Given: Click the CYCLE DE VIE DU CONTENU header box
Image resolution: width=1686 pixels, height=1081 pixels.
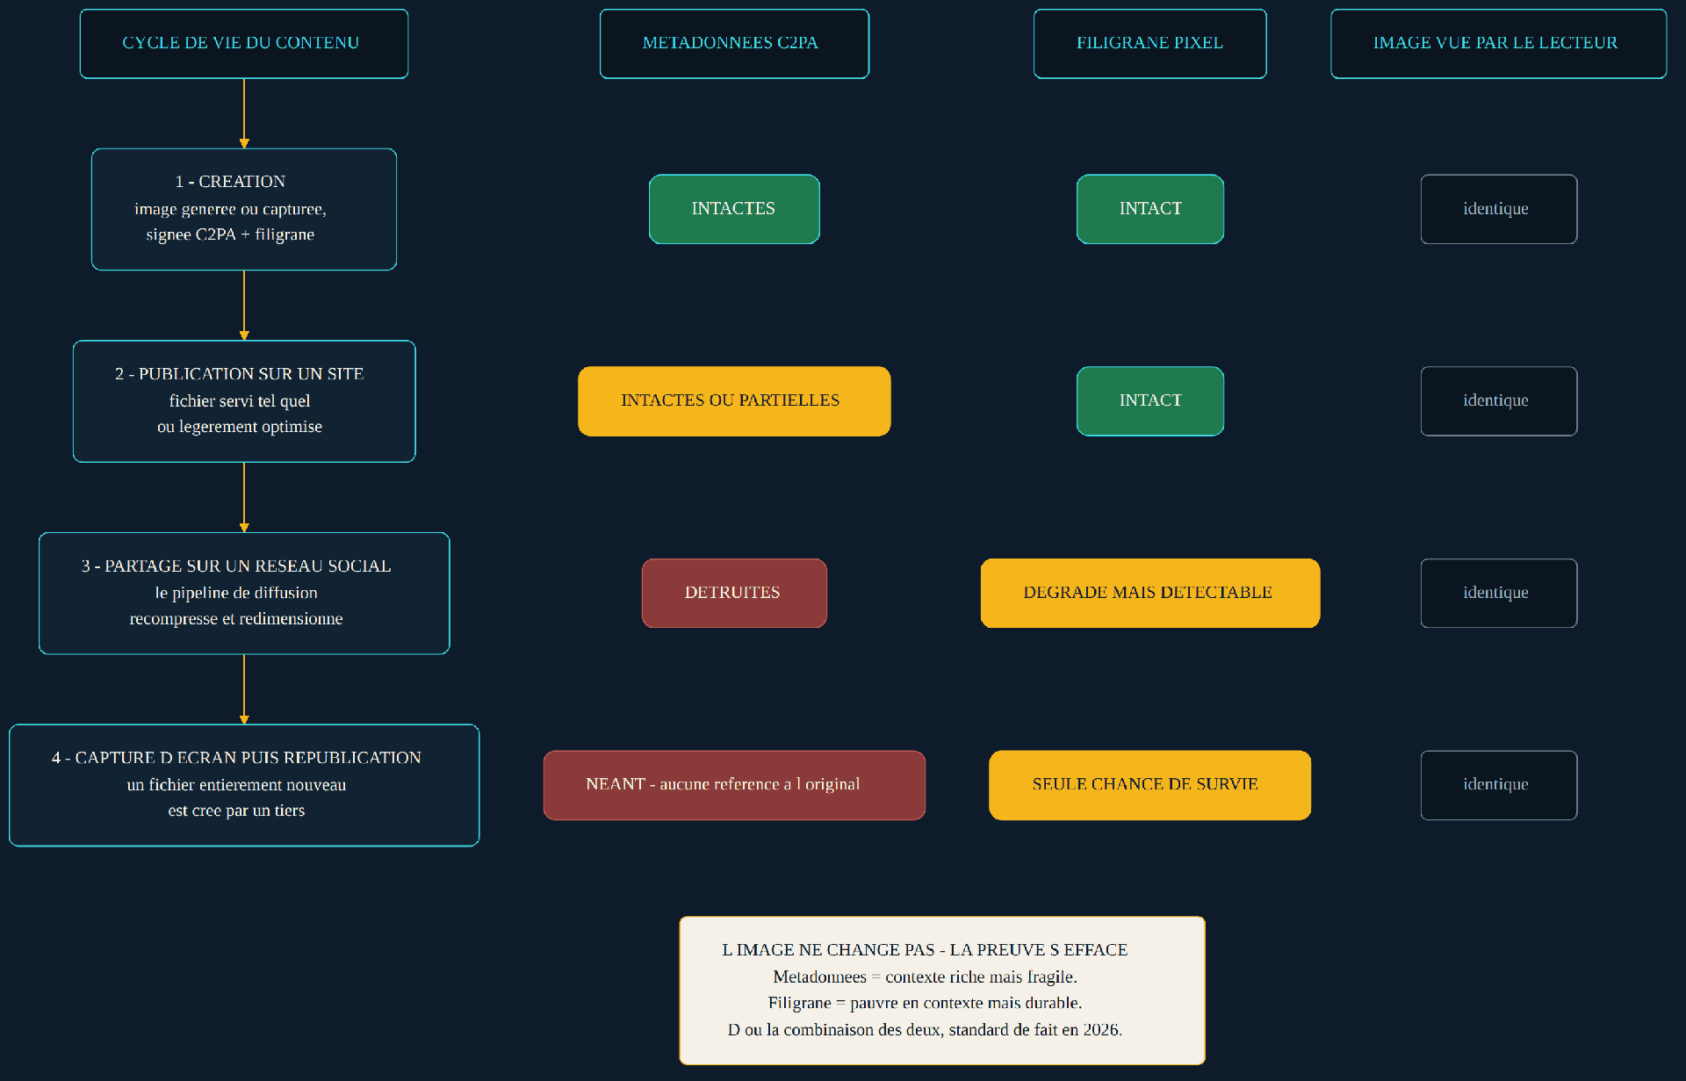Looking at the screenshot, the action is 244,44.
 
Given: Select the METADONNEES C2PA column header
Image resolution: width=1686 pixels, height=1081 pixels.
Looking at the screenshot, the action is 734,44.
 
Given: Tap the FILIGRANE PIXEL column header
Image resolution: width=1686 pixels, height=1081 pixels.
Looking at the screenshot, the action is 1150,44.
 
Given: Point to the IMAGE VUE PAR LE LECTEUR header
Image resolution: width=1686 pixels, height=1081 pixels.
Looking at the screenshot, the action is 1499,44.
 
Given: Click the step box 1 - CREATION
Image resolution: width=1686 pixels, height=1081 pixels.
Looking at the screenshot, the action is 244,209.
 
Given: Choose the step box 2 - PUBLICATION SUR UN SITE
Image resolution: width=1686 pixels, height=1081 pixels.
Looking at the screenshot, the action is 244,401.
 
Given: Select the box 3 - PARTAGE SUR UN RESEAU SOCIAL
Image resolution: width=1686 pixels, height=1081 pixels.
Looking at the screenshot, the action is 244,594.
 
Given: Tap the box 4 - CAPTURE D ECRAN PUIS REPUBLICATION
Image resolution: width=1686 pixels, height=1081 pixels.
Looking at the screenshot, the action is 244,785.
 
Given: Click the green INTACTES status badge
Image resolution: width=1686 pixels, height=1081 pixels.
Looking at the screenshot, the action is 734,209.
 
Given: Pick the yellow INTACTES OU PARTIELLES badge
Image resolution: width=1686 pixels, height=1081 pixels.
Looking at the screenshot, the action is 734,401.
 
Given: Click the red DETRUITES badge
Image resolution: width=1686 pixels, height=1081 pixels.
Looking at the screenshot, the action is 734,594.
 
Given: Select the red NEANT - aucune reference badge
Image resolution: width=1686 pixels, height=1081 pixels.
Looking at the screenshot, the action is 734,785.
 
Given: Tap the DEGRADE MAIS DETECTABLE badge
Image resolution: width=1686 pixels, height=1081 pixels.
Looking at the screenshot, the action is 1150,594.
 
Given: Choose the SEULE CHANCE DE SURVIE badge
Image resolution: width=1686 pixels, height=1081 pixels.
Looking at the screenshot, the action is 1150,785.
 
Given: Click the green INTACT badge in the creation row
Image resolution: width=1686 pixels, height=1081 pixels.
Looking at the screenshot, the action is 1150,209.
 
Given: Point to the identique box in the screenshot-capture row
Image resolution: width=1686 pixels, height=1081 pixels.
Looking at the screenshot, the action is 1499,785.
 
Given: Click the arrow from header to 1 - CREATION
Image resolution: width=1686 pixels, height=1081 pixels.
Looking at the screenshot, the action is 244,113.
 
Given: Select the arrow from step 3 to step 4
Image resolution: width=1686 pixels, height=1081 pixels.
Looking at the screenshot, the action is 244,689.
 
